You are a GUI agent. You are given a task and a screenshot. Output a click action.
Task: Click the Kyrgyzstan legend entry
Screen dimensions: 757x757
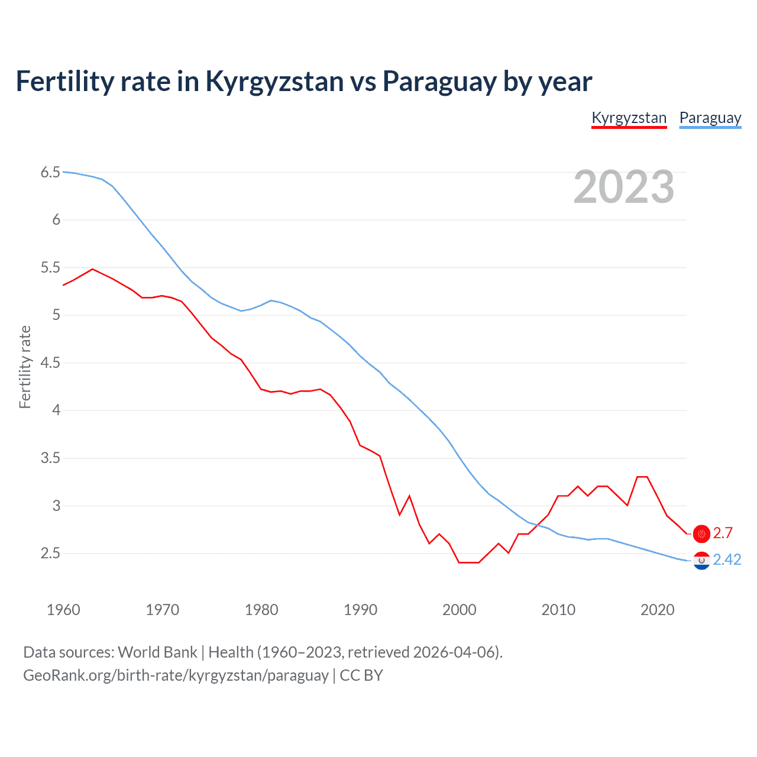pos(629,118)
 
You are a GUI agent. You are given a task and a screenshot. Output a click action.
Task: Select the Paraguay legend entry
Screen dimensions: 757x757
pos(710,118)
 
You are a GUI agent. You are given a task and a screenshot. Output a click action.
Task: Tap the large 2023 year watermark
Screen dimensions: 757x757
pos(623,187)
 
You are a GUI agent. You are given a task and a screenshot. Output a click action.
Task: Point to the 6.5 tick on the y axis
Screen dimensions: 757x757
pos(50,173)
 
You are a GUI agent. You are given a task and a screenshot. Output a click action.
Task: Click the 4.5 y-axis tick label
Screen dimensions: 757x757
pos(50,363)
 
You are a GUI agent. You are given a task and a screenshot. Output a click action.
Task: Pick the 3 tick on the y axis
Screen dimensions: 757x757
pos(56,506)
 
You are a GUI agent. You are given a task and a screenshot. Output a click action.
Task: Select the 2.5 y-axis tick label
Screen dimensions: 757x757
pos(50,554)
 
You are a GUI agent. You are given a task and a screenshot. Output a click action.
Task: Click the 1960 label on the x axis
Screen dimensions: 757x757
pos(63,610)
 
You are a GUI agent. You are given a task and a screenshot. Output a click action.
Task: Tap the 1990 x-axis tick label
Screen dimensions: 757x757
pos(360,610)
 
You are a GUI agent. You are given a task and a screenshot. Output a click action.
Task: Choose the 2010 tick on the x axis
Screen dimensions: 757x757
pos(558,610)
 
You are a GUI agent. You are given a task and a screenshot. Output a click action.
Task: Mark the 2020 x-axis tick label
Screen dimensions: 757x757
pos(657,610)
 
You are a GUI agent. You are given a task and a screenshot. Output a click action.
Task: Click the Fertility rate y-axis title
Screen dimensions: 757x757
pos(25,367)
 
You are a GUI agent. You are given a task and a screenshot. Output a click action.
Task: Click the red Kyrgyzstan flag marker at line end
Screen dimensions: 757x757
pos(701,533)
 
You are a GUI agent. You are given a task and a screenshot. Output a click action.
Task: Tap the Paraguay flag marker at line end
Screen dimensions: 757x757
pos(701,560)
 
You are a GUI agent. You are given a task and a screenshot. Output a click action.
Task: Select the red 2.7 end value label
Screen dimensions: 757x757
pos(723,533)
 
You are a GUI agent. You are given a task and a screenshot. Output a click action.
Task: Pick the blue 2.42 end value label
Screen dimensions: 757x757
pos(727,560)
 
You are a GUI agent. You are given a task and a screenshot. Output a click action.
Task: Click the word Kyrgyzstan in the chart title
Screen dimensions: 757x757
pos(274,82)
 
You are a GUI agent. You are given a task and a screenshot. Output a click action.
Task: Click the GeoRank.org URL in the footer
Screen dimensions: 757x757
pos(176,675)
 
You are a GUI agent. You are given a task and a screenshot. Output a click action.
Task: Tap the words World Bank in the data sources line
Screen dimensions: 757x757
pos(157,652)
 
